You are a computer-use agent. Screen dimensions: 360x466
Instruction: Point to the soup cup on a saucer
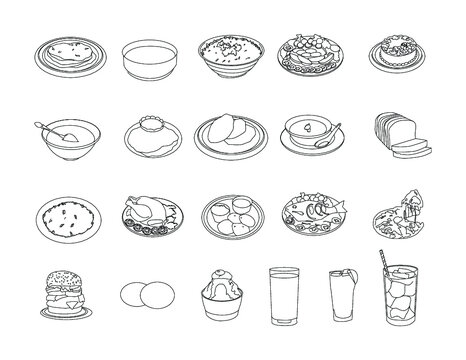pos(310,134)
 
